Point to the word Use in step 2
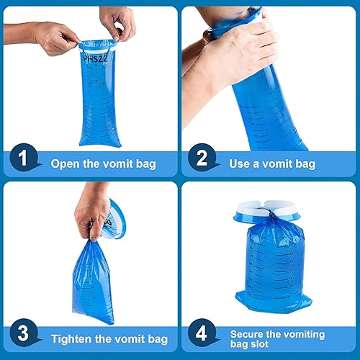click(x=240, y=163)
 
